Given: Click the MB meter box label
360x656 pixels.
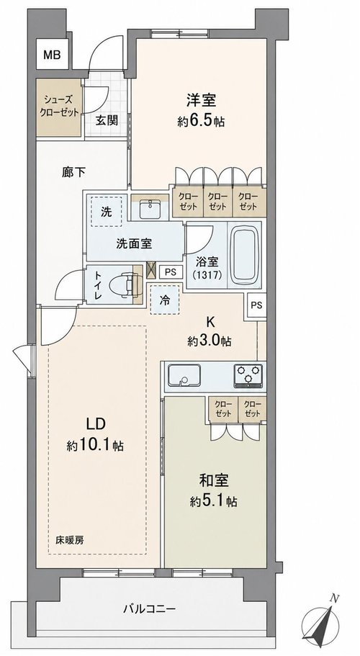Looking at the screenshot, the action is click(53, 55).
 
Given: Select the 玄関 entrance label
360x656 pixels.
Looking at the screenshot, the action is click(107, 120).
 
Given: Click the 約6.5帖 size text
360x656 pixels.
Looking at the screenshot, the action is click(201, 122).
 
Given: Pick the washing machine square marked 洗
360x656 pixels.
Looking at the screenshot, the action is click(107, 212).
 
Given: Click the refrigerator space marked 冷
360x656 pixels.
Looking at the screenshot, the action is click(166, 300).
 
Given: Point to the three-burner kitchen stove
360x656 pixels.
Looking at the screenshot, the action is click(248, 375).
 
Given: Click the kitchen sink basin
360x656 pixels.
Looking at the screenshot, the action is click(184, 375).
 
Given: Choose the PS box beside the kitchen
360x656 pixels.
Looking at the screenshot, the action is click(256, 305).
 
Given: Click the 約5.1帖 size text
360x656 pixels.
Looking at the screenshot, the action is click(214, 501).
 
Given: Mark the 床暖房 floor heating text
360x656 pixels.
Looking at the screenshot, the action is click(70, 540).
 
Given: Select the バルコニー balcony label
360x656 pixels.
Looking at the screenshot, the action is click(149, 608).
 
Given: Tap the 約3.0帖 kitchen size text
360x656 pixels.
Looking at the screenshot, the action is click(210, 341).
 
